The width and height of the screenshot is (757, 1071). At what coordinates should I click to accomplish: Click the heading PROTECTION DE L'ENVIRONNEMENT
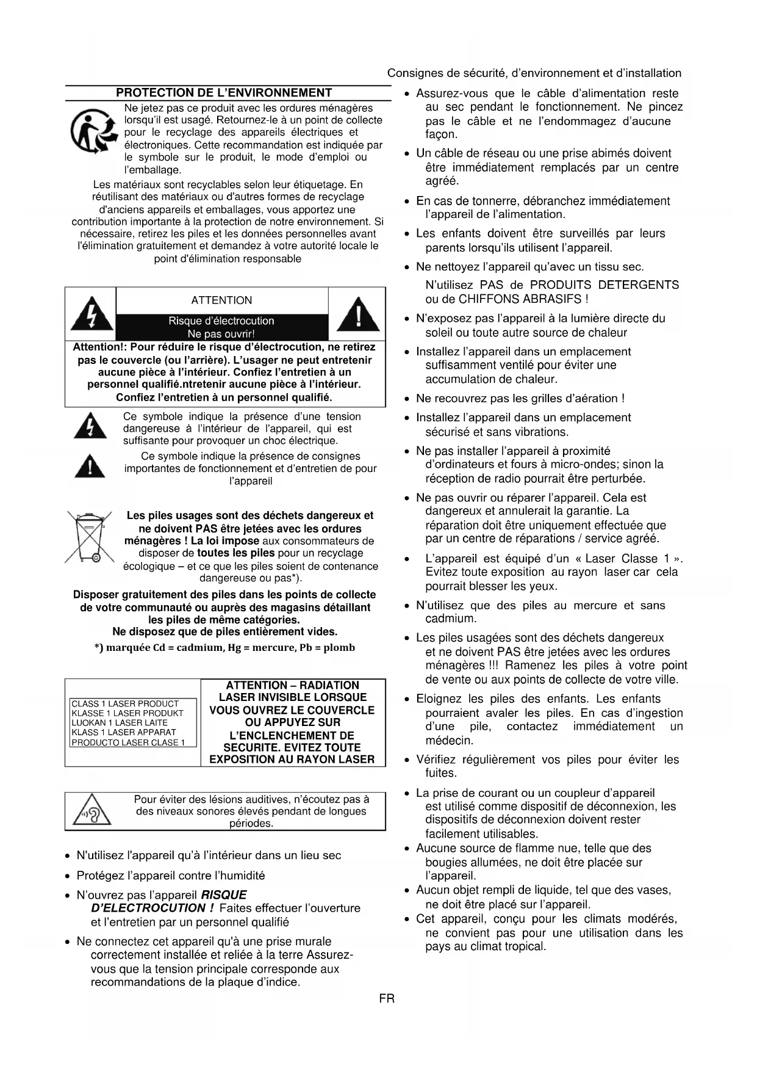click(x=224, y=93)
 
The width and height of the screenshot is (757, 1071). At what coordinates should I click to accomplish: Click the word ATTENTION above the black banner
click(x=221, y=300)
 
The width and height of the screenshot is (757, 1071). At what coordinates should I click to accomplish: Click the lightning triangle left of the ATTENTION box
click(x=91, y=314)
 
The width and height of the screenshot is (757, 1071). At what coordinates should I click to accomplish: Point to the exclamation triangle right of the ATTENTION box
click(x=358, y=314)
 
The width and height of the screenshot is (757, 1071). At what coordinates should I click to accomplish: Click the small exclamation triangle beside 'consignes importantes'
click(x=90, y=467)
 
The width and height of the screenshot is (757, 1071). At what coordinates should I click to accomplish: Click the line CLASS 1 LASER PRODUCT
click(x=125, y=703)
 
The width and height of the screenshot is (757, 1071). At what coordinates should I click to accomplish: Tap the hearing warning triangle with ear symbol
click(x=93, y=810)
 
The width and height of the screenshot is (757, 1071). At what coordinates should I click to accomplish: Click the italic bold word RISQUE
click(x=224, y=895)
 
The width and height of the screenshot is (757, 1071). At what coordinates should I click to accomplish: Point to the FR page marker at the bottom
click(x=386, y=999)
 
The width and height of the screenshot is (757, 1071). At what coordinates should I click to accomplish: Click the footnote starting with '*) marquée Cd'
click(x=224, y=647)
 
